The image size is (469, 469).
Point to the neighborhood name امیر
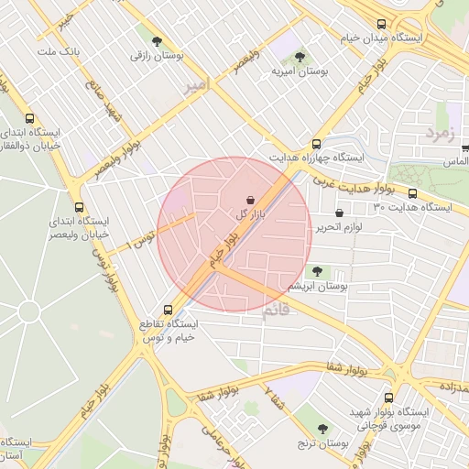point(196,85)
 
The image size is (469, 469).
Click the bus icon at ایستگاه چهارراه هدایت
point(316,144)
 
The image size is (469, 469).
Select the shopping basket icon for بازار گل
point(250,199)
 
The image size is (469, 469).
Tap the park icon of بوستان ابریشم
point(317,271)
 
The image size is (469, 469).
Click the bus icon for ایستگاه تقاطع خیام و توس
point(167,310)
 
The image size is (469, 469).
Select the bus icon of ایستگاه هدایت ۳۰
point(412,193)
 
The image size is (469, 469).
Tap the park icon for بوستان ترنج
point(322,429)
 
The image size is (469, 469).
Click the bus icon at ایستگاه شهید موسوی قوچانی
point(389,398)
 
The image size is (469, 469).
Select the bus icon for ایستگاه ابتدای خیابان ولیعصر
point(78,207)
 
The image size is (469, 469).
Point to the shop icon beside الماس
point(464,147)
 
